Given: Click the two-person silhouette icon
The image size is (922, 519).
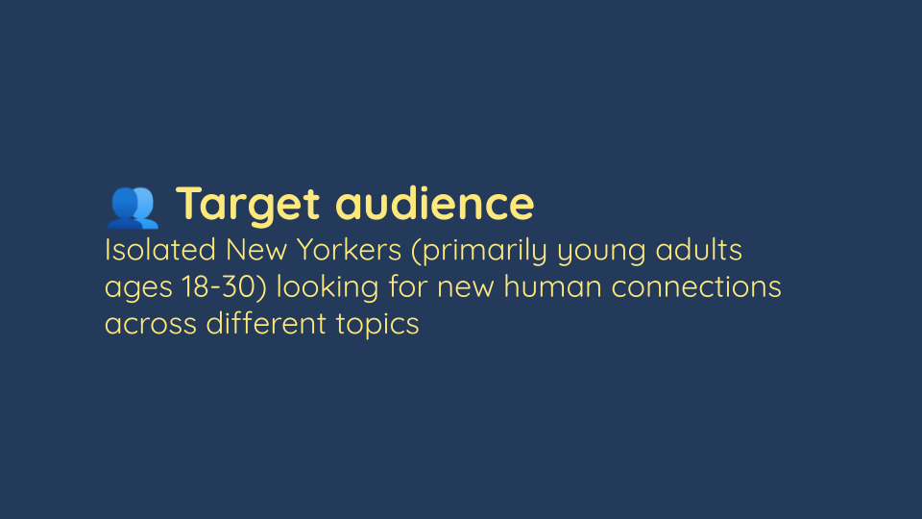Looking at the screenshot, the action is click(x=133, y=208).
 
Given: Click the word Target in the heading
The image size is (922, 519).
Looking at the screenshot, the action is click(x=248, y=205).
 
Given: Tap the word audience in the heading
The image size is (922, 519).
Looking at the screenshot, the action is click(x=434, y=203).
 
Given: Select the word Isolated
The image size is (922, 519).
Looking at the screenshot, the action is click(x=160, y=250).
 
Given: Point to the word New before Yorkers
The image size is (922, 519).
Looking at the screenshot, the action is click(x=256, y=250).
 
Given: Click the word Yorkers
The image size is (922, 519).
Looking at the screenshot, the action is click(x=349, y=250).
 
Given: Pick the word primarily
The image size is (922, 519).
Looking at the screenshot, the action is click(x=484, y=251).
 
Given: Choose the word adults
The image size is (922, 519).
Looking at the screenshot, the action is click(x=698, y=250).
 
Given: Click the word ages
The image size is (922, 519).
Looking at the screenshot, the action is click(x=138, y=289).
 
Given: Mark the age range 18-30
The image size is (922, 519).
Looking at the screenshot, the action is click(x=219, y=286).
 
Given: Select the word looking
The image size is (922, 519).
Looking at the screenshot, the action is click(x=328, y=288).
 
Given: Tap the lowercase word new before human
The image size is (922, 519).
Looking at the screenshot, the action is click(x=465, y=289).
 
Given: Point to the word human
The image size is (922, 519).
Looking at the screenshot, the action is click(x=553, y=286).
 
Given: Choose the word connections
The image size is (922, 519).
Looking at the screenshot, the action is click(x=696, y=286).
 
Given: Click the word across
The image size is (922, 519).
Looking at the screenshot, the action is click(x=151, y=326).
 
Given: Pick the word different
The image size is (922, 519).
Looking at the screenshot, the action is click(x=266, y=323).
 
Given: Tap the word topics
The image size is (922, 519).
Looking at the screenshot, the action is click(x=377, y=325).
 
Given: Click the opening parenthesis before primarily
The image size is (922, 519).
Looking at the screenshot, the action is click(x=416, y=251).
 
